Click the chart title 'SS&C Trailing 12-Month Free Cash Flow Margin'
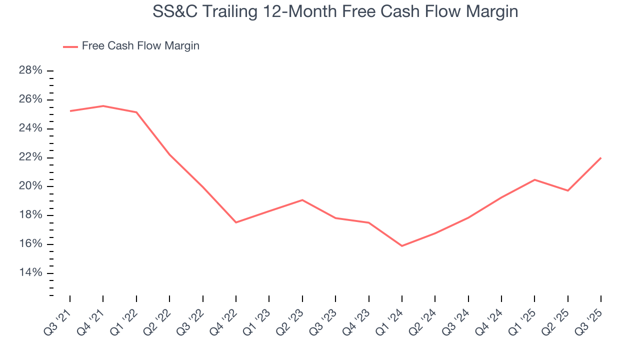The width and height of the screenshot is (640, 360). [x=335, y=11]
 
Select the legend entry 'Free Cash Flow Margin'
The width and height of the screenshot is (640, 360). [x=140, y=46]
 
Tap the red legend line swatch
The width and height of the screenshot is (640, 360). [x=70, y=46]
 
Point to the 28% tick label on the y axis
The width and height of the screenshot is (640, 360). [x=30, y=70]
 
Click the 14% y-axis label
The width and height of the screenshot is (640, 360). [x=30, y=273]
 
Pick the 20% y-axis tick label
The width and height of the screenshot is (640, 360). [x=30, y=186]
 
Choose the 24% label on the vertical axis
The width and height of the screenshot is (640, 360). [x=30, y=128]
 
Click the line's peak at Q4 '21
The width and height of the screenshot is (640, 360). [x=103, y=106]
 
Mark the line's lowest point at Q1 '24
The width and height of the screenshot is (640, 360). [x=402, y=246]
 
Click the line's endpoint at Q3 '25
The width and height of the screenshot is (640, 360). [x=600, y=158]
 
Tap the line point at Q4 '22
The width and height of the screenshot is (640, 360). [x=236, y=222]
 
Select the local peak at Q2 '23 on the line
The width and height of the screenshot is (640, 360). [x=302, y=200]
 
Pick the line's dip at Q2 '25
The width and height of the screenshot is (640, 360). [x=567, y=190]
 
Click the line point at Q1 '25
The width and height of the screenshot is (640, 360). [x=534, y=179]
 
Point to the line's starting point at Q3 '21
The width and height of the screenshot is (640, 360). [x=70, y=111]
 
